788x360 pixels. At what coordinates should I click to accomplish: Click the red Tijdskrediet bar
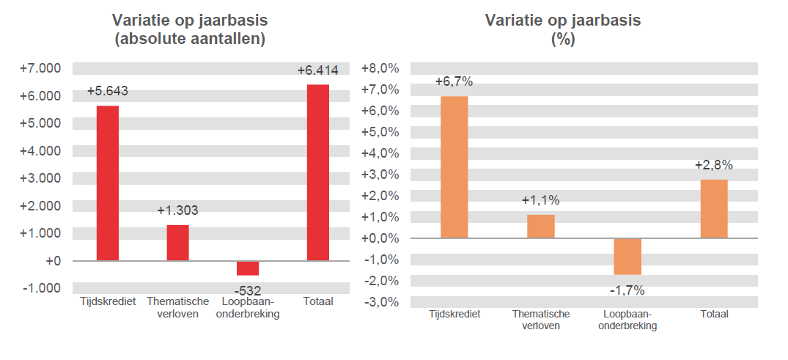(108, 183)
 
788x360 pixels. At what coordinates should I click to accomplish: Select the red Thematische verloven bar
(178, 243)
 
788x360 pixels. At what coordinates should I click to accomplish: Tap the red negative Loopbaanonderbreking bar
(248, 268)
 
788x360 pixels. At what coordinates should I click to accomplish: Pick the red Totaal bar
(318, 172)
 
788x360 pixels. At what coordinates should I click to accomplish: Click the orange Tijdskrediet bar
(454, 167)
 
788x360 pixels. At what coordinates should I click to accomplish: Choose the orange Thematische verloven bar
(541, 227)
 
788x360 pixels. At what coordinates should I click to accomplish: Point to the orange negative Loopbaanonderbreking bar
(627, 256)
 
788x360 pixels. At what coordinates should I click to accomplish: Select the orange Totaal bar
(714, 209)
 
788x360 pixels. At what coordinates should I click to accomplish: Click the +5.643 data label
(108, 92)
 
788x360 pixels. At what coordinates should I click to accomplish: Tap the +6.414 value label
(318, 70)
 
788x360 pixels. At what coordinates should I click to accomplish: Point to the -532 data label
(248, 290)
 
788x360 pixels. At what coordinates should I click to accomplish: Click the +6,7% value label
(454, 82)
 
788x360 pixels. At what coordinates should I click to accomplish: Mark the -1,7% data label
(627, 290)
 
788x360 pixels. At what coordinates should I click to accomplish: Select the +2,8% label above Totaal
(714, 165)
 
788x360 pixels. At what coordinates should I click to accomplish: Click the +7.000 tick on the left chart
(41, 69)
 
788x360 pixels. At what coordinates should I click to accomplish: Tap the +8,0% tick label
(380, 69)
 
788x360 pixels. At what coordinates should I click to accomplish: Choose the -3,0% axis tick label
(380, 302)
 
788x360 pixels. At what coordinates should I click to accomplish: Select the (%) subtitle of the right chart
(563, 40)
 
